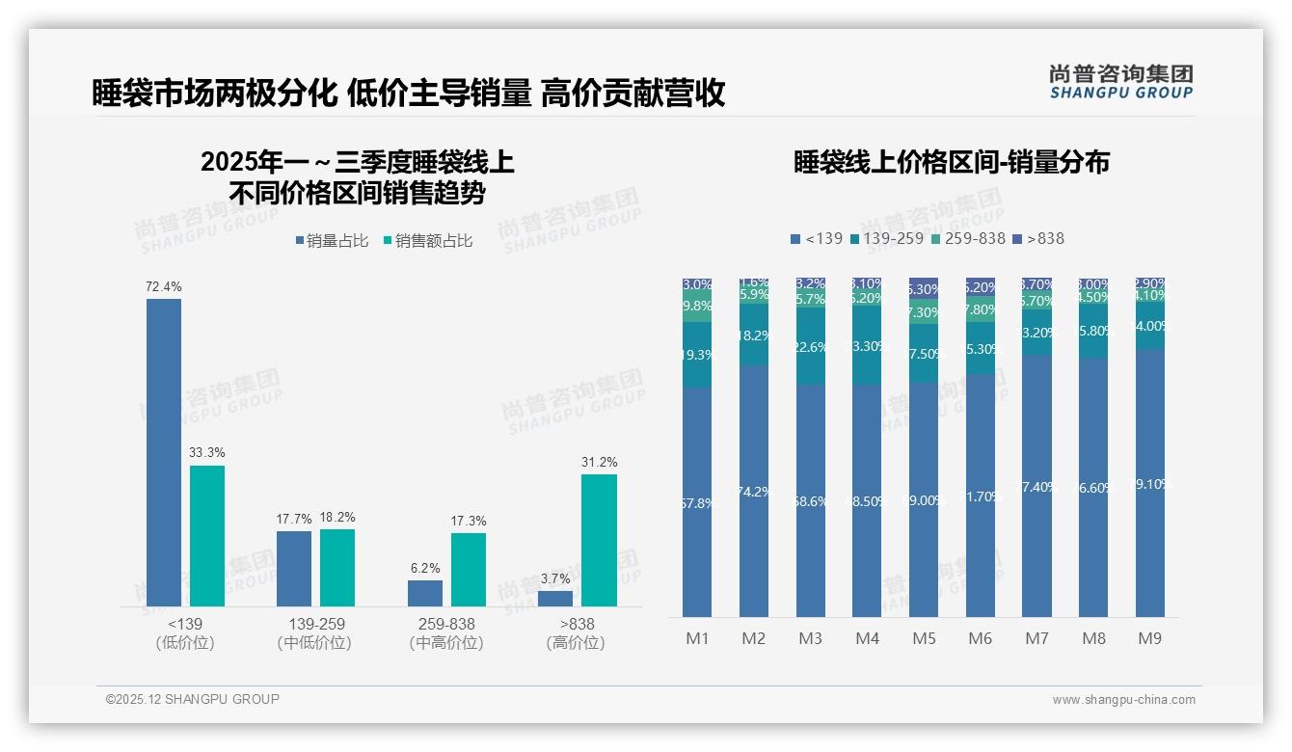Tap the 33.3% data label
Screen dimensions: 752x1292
point(207,453)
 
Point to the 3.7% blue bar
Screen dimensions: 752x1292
point(555,599)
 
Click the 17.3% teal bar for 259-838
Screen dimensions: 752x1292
point(469,569)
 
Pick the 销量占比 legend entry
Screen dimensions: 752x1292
point(332,241)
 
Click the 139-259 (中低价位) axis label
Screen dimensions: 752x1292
point(313,633)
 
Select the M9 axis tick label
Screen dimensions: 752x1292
point(1148,638)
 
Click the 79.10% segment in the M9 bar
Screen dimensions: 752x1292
point(1149,483)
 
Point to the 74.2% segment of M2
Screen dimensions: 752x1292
point(754,491)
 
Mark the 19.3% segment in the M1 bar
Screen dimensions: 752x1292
point(697,355)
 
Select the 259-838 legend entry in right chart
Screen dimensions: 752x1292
point(970,238)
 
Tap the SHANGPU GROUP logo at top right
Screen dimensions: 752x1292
point(1120,82)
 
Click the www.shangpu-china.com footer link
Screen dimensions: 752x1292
point(1123,700)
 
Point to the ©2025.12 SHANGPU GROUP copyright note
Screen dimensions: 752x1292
point(193,699)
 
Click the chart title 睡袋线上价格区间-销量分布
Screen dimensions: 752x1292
point(951,162)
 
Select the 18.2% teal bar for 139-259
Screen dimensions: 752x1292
point(337,568)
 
